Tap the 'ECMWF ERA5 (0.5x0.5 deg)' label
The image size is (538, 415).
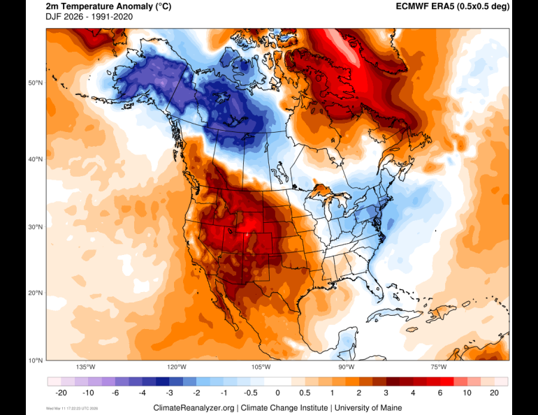[x=453, y=6]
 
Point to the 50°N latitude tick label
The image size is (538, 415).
[x=36, y=83]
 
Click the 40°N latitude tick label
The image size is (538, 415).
[x=36, y=159]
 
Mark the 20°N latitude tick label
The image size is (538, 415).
[x=36, y=293]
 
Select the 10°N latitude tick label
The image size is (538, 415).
[x=36, y=360]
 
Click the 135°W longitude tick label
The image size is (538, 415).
[x=86, y=367]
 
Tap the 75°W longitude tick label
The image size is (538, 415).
[x=439, y=367]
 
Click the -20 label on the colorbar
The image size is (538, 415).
[x=61, y=393]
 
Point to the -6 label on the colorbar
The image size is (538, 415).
[x=115, y=393]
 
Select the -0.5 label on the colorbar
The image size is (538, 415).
[x=250, y=393]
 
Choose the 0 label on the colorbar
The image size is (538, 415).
[x=277, y=393]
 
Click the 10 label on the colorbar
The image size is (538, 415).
[x=467, y=393]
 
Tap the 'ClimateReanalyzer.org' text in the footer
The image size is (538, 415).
[x=194, y=407]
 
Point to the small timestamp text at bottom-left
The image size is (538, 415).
[x=73, y=408]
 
